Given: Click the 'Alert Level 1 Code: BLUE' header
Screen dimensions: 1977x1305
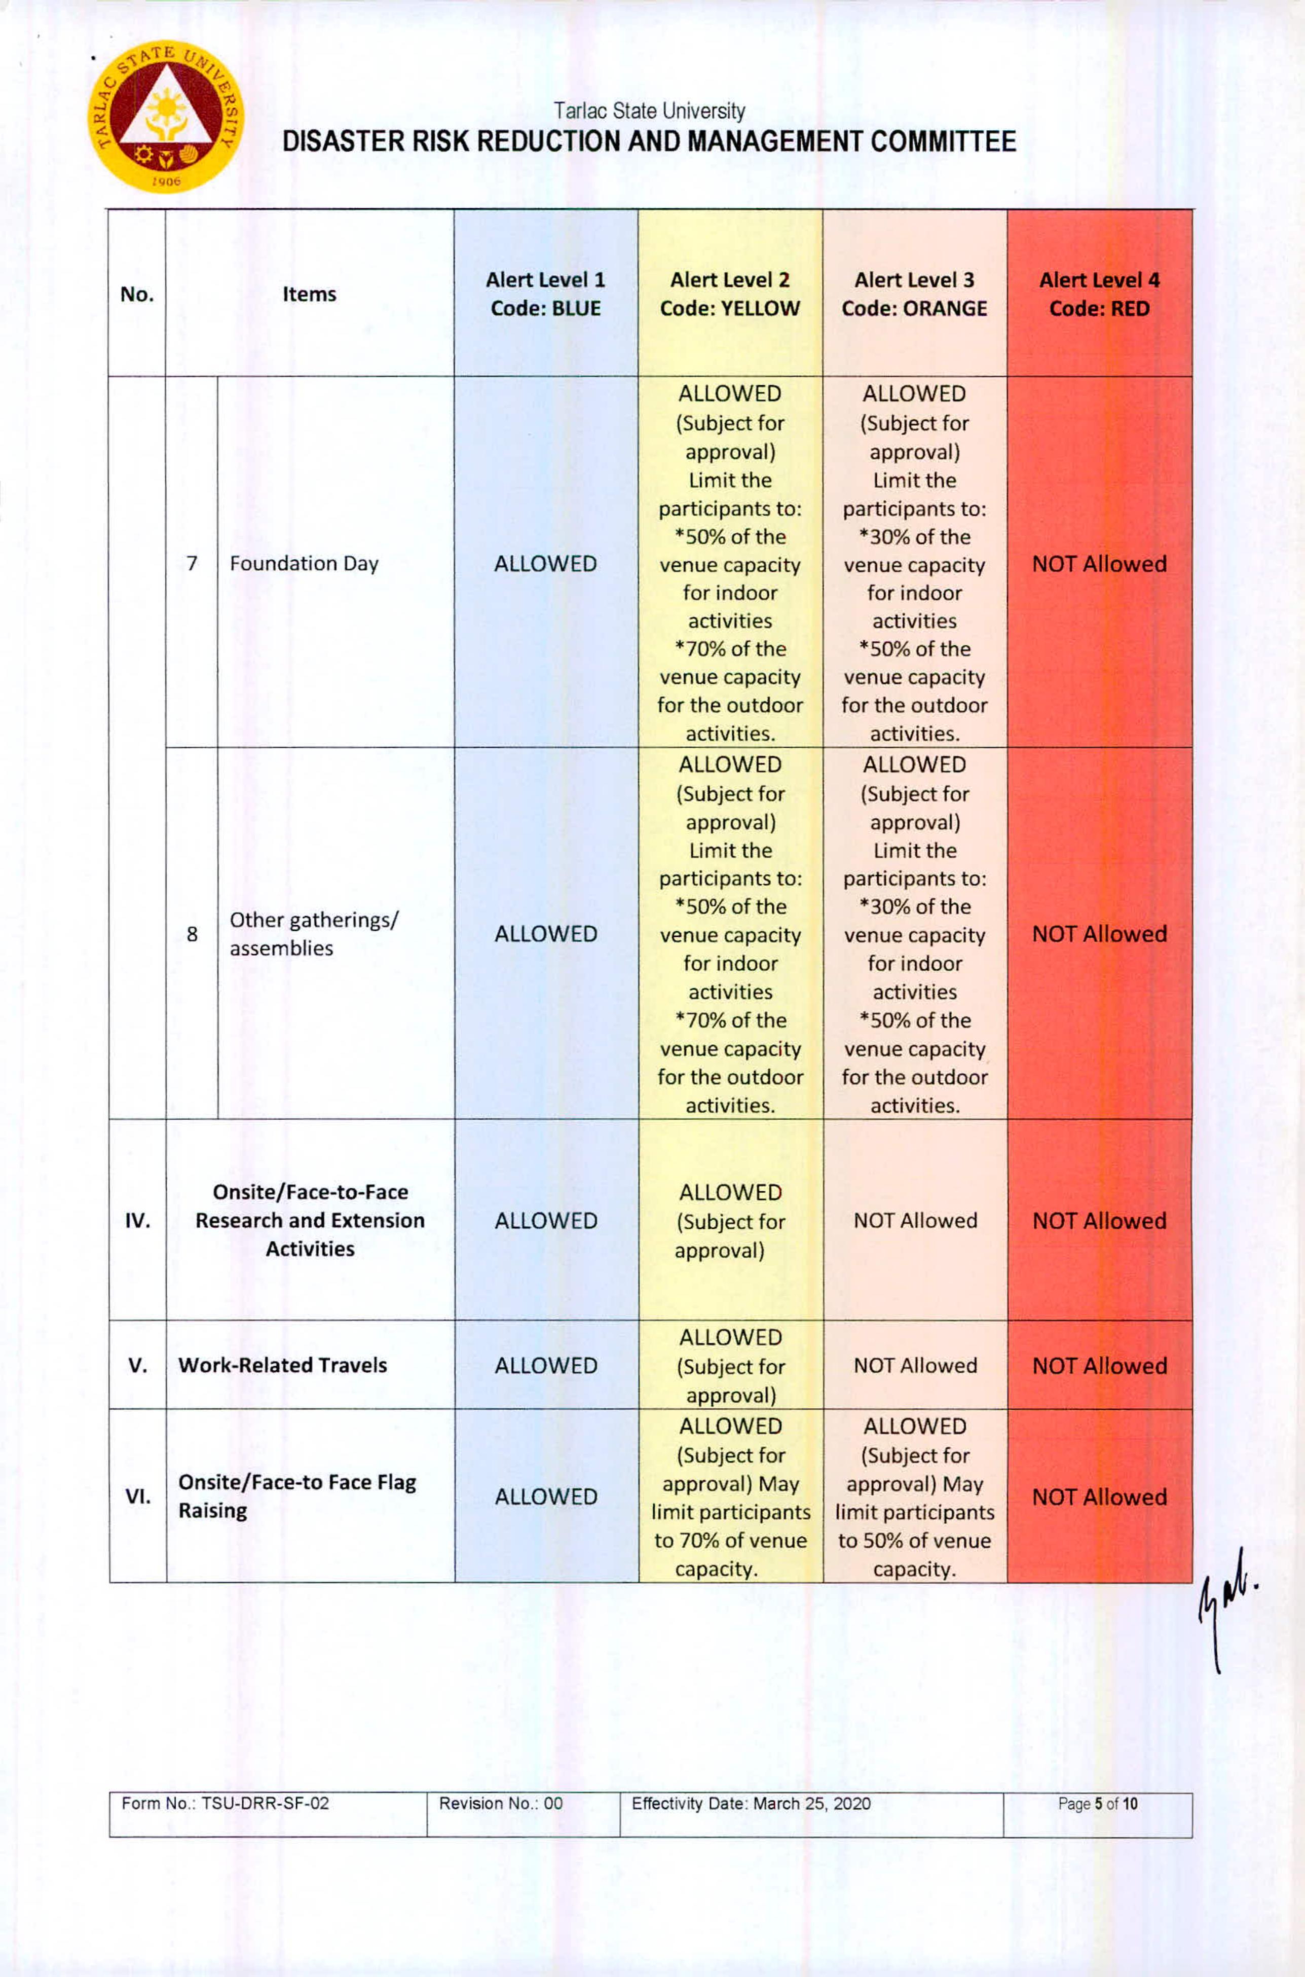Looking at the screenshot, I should tap(545, 294).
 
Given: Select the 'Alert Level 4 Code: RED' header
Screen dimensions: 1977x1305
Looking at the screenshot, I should tap(1099, 294).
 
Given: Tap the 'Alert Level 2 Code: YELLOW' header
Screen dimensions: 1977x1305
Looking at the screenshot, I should tap(729, 294).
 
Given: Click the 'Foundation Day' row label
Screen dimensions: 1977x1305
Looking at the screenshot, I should tap(304, 564).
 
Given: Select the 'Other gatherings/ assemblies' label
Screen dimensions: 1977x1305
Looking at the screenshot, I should tap(314, 933).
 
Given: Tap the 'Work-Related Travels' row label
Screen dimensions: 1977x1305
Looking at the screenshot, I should tap(282, 1365).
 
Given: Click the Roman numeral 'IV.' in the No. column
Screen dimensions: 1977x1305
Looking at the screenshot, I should tap(137, 1220).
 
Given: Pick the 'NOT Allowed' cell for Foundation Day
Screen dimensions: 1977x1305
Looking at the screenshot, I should tap(1099, 564).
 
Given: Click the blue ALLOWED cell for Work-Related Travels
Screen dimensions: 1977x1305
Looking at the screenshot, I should tap(545, 1365).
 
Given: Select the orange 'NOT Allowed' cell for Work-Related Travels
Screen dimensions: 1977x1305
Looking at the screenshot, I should tap(915, 1365).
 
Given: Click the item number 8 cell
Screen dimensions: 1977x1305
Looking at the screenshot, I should tap(192, 933).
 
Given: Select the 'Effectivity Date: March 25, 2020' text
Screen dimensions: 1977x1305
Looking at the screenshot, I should tap(751, 1803).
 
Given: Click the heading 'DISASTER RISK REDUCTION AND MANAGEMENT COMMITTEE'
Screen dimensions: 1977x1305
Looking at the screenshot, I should tap(649, 141).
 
